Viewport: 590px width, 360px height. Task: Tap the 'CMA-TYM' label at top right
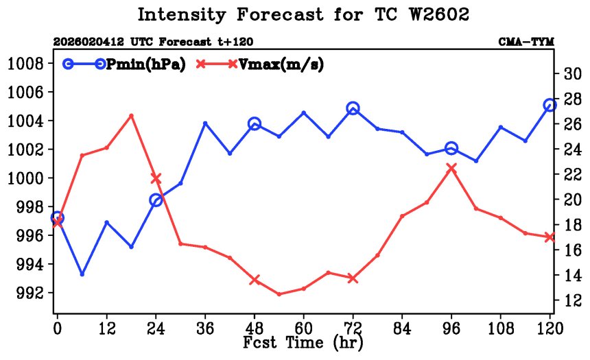[526, 43]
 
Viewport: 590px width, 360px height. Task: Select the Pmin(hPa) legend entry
[125, 64]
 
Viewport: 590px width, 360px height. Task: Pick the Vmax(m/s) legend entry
[260, 64]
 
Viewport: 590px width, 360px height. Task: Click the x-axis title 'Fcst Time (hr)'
[303, 341]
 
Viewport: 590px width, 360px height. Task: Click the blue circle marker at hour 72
[353, 108]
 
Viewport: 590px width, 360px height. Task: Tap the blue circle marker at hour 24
[156, 200]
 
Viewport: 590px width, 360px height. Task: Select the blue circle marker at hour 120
[550, 105]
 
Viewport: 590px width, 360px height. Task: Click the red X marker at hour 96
[451, 167]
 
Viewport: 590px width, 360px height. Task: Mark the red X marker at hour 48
[255, 280]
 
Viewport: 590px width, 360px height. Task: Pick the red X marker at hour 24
[156, 178]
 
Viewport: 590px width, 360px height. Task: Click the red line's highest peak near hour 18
[132, 115]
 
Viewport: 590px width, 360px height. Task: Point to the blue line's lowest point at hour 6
[82, 274]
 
